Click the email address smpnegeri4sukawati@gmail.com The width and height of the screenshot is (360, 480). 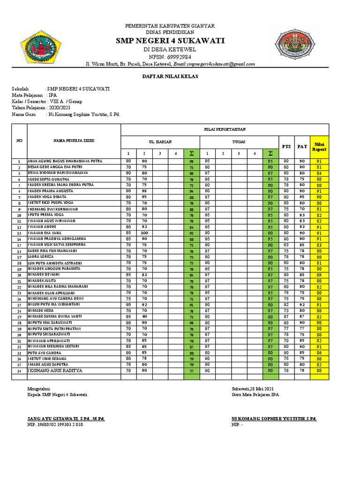(x=213, y=64)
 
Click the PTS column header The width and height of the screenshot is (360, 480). (x=286, y=147)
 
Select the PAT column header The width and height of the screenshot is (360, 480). (x=302, y=147)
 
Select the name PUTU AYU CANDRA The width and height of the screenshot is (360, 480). (x=45, y=352)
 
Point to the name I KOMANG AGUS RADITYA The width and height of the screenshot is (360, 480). (x=55, y=370)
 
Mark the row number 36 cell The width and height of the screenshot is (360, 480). (x=20, y=371)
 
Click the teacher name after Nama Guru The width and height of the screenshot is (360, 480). (x=83, y=114)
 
